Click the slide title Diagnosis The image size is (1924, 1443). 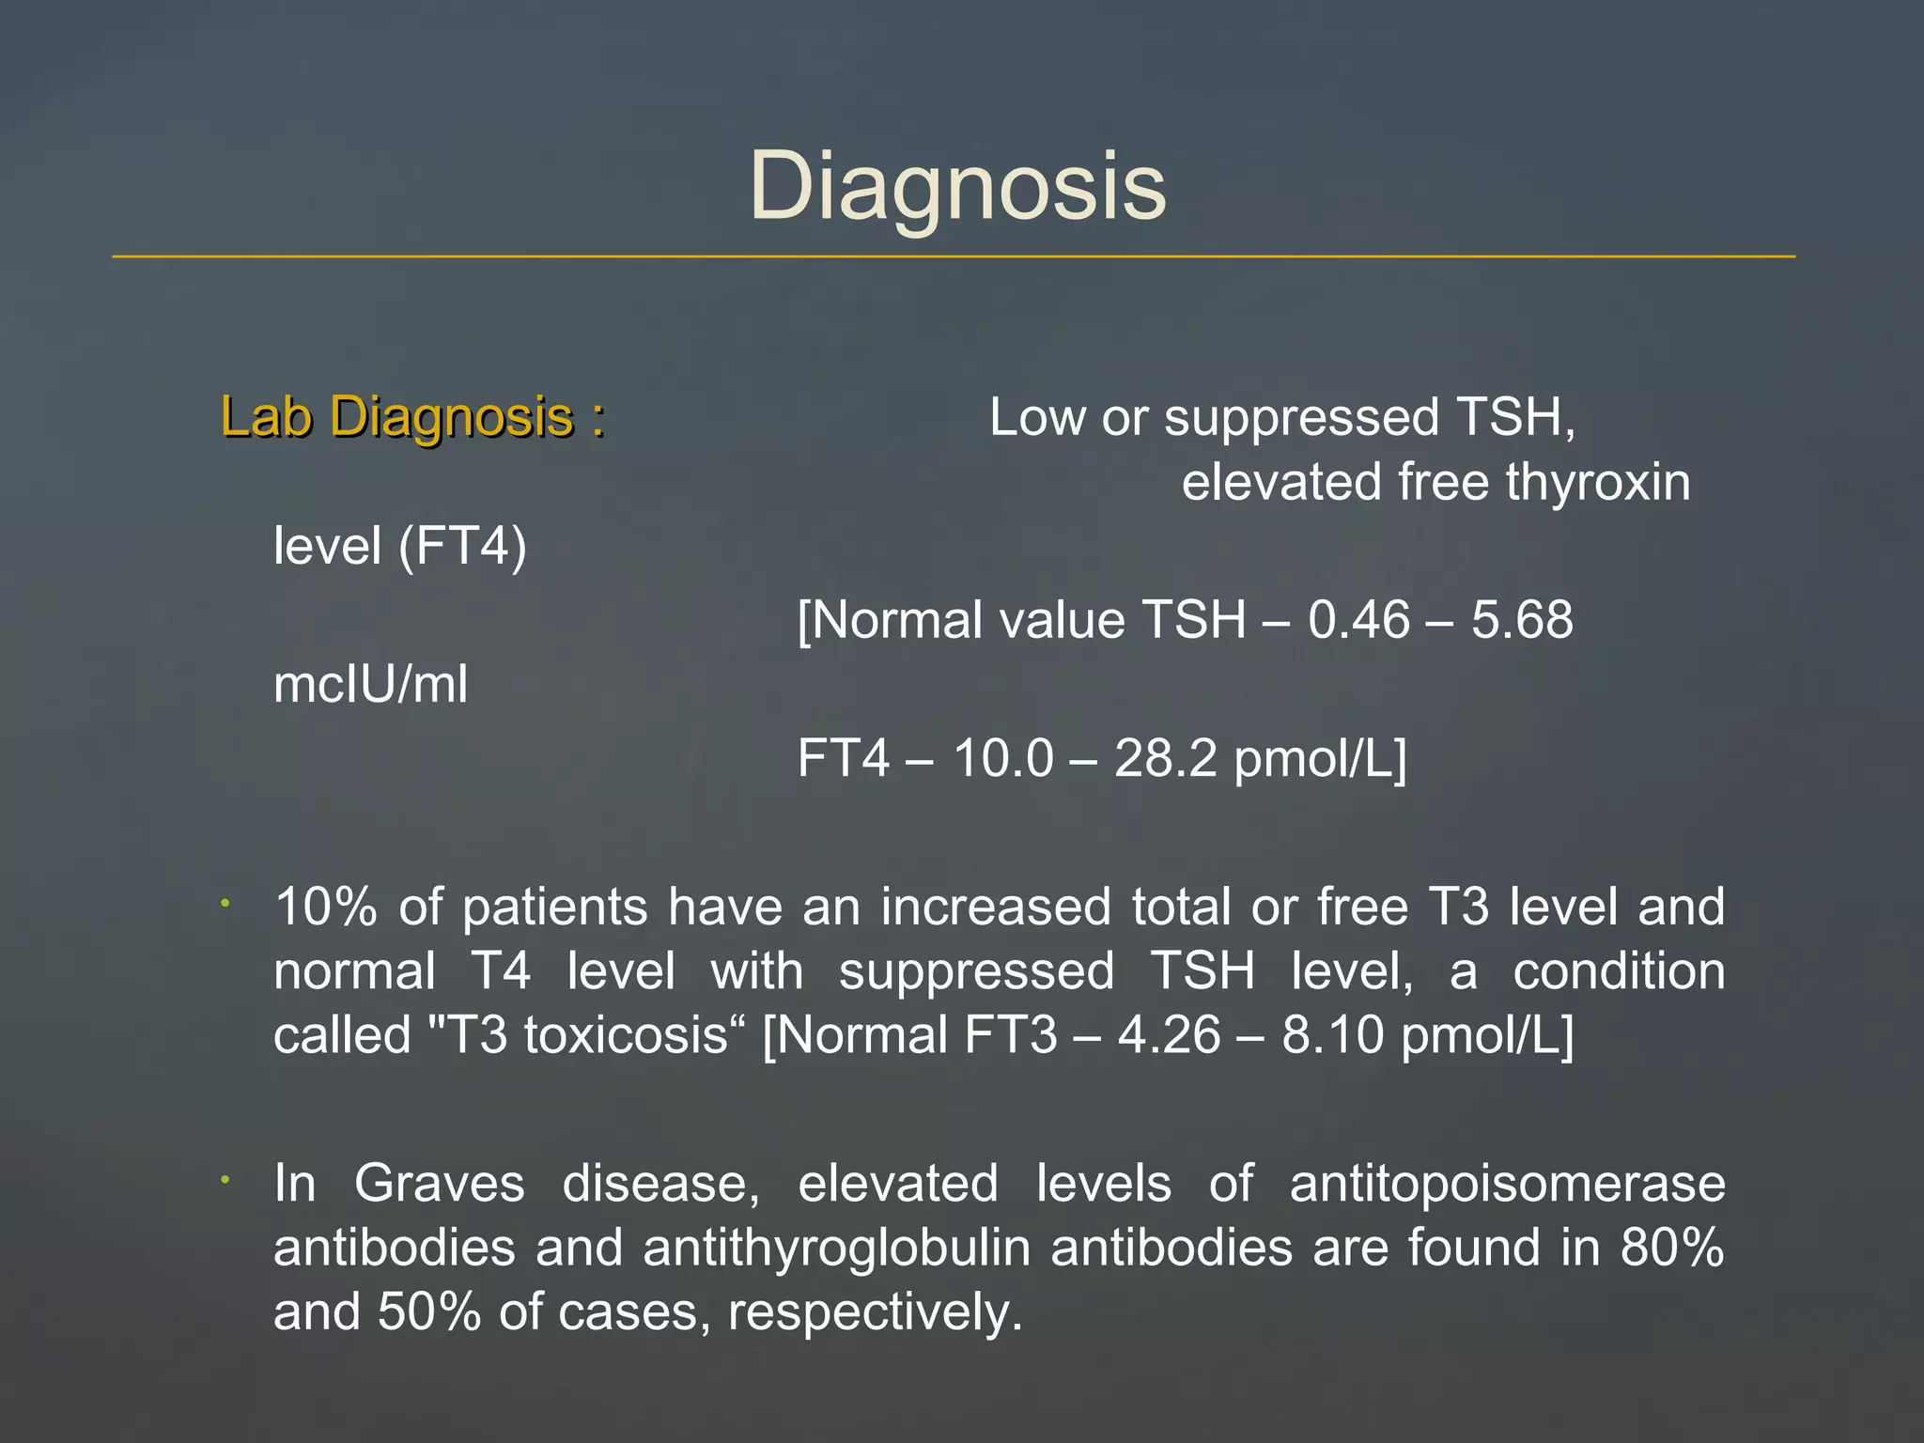[957, 187]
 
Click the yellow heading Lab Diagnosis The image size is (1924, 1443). [412, 416]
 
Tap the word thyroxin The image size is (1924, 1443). [1598, 482]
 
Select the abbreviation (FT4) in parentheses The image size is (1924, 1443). [462, 546]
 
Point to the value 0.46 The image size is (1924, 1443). [1358, 620]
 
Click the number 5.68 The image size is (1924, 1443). [1522, 620]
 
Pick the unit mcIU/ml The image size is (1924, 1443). [370, 684]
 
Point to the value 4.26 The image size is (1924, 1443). [1169, 1035]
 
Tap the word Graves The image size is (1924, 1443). [439, 1183]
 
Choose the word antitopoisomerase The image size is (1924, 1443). [1507, 1183]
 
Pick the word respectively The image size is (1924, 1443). [874, 1311]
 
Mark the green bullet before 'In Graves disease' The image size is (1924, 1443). [225, 1179]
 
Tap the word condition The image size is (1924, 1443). [1619, 971]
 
